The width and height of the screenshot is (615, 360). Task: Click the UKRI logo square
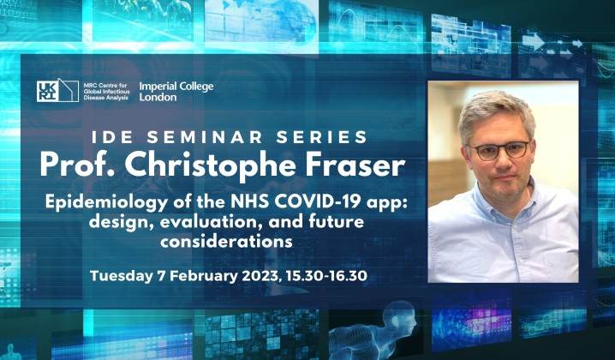click(x=57, y=91)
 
